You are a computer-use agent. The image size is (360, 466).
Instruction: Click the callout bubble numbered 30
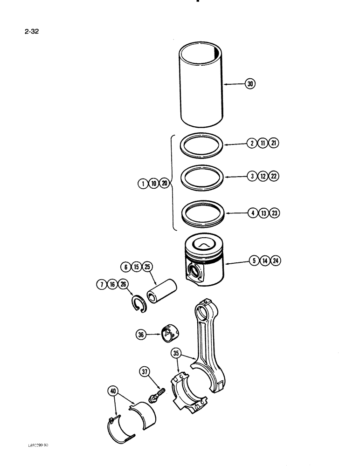pyautogui.click(x=251, y=84)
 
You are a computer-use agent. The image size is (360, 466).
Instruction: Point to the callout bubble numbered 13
pyautogui.click(x=263, y=213)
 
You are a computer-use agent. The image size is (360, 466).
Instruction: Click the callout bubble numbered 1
pyautogui.click(x=142, y=184)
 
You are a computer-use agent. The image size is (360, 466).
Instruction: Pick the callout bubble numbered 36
pyautogui.click(x=141, y=334)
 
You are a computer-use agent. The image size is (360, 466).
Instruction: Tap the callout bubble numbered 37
pyautogui.click(x=145, y=371)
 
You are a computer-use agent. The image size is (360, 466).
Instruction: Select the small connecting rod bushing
pyautogui.click(x=172, y=334)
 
